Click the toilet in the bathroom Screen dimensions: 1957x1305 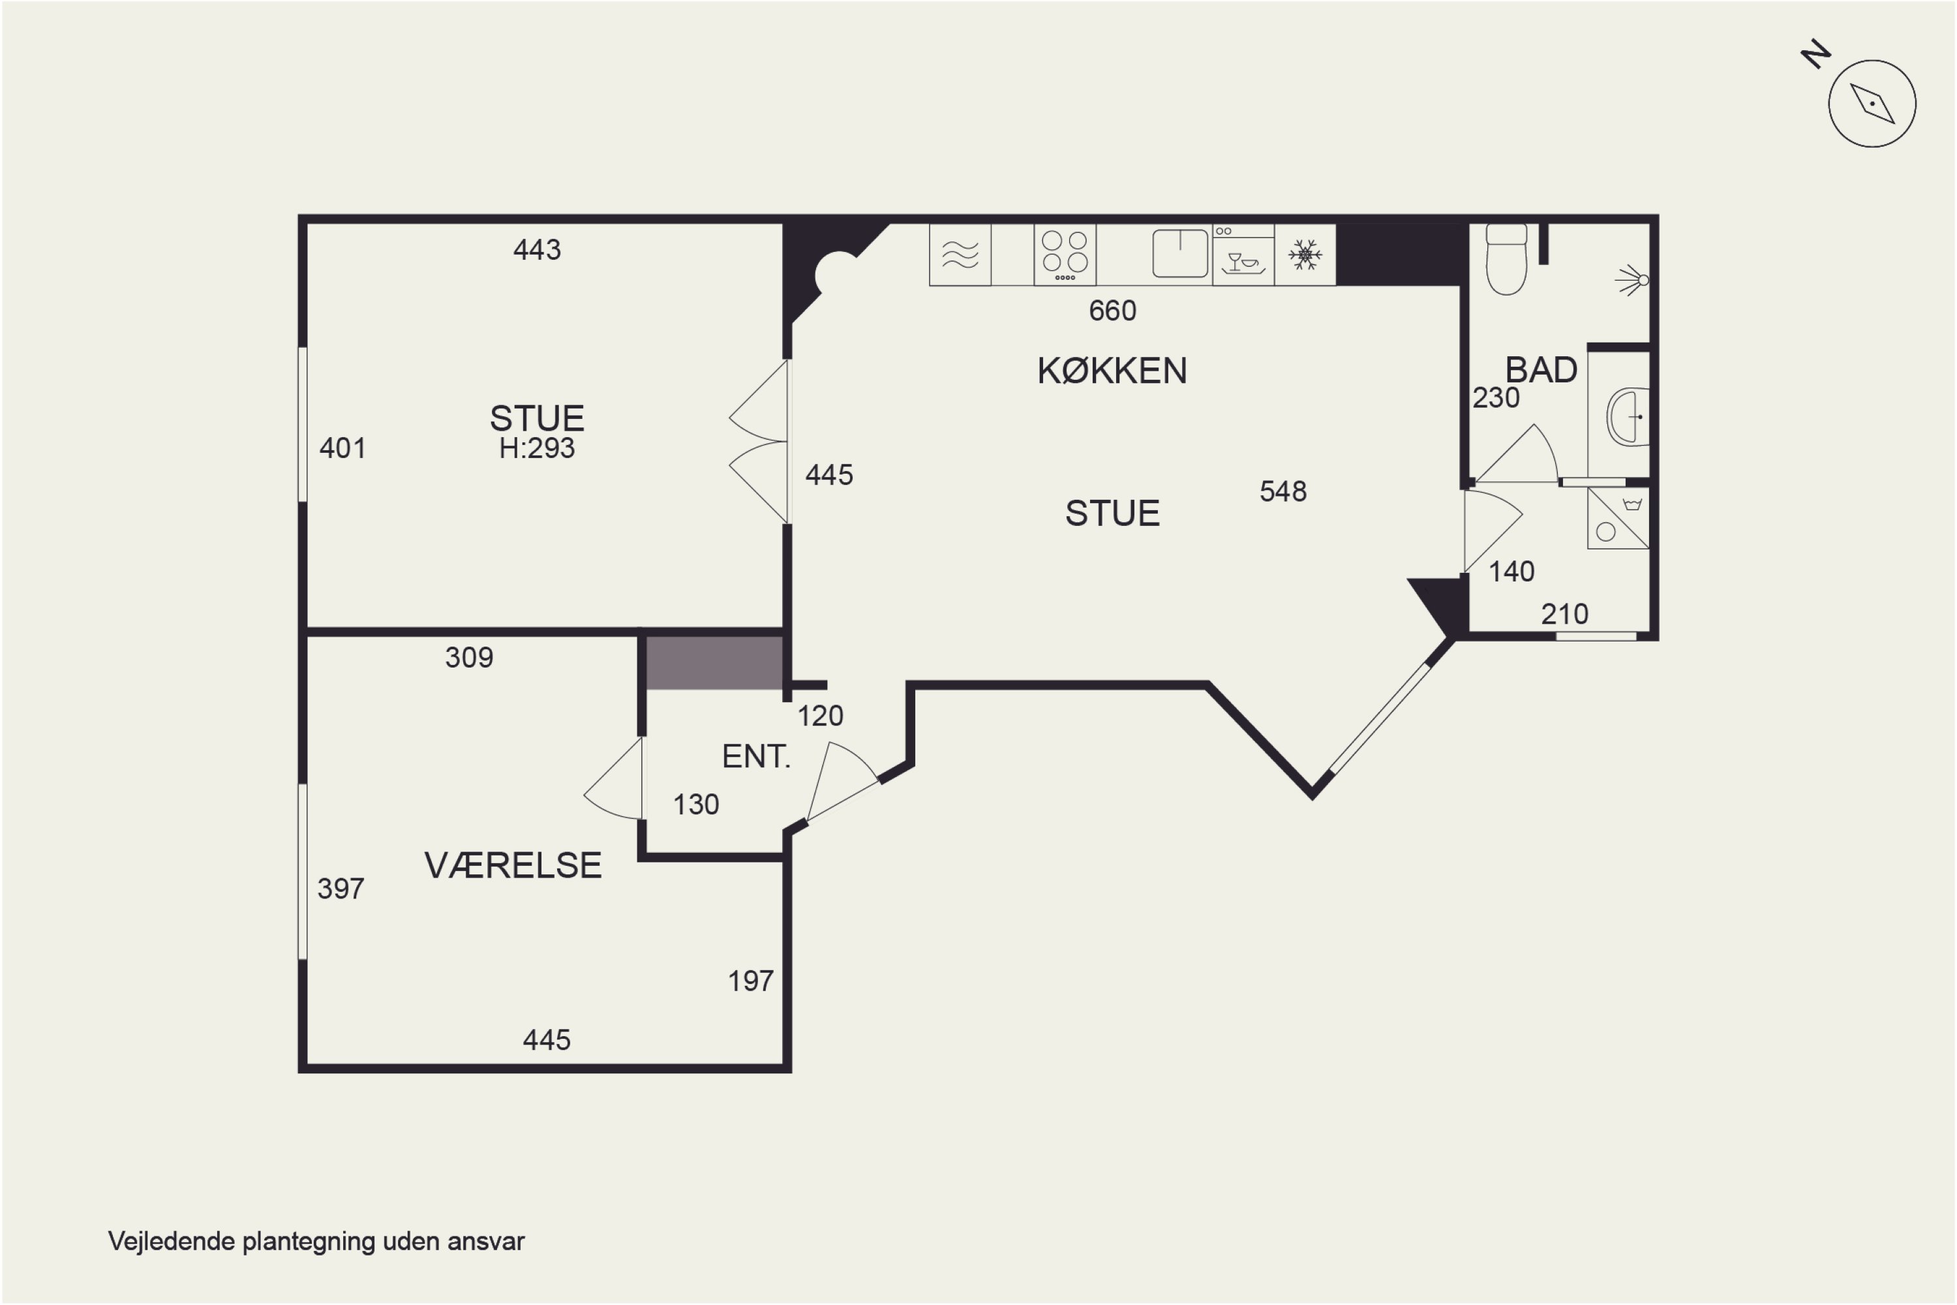point(1506,260)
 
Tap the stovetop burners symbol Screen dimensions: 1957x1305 point(1065,254)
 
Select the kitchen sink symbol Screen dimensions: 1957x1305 point(1180,253)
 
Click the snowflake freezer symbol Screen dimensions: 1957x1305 point(1305,254)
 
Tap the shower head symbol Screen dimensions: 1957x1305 point(1633,280)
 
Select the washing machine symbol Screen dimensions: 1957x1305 point(1618,517)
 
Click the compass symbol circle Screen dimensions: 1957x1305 point(1872,104)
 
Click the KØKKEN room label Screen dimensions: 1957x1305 point(1112,371)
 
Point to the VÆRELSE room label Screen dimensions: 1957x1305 point(513,866)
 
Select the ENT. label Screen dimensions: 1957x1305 point(755,756)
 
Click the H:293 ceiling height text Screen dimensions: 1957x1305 point(537,449)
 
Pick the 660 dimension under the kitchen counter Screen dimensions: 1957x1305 point(1112,311)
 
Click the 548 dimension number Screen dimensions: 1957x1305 point(1283,491)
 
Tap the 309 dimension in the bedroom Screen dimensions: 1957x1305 point(469,658)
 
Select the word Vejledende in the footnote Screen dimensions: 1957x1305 point(172,1241)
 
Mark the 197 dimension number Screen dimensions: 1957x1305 point(751,981)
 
